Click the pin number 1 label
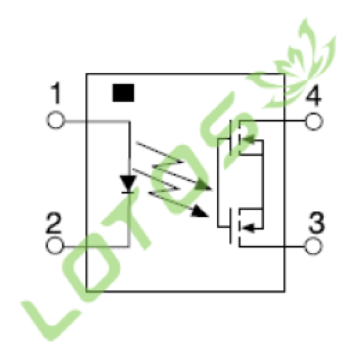(x=56, y=93)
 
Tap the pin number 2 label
(x=54, y=222)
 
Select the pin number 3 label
(x=317, y=222)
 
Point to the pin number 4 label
(x=313, y=96)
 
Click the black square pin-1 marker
(x=123, y=93)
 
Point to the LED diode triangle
(x=128, y=184)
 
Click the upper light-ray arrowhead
(x=204, y=185)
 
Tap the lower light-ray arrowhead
(x=199, y=212)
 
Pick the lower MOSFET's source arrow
(x=247, y=228)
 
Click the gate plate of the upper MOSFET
(x=231, y=138)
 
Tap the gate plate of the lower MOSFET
(x=231, y=226)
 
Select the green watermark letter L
(x=50, y=319)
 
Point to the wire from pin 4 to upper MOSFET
(x=272, y=121)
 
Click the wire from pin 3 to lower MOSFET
(x=272, y=246)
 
